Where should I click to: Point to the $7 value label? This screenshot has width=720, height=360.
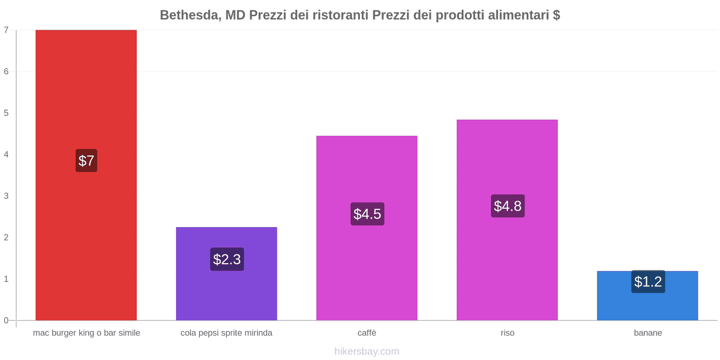[86, 161]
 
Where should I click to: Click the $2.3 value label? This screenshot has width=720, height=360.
[227, 259]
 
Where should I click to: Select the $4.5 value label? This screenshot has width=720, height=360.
[367, 214]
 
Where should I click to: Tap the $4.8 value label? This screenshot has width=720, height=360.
[508, 206]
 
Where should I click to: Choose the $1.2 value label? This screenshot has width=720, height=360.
[648, 282]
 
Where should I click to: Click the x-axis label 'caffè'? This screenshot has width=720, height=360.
[367, 333]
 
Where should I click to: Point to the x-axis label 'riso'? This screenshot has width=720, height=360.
[507, 333]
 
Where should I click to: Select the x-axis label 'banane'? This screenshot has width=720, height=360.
[648, 333]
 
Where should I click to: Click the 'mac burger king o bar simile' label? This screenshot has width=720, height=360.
[86, 333]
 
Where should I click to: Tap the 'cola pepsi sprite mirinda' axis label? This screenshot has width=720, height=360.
[226, 333]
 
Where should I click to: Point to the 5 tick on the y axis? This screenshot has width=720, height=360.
[6, 113]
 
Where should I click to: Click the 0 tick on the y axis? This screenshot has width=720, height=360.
[6, 320]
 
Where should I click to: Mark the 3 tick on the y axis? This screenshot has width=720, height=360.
[6, 196]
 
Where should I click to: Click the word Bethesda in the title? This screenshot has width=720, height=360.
[189, 15]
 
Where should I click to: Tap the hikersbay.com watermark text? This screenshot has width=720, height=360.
[367, 351]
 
